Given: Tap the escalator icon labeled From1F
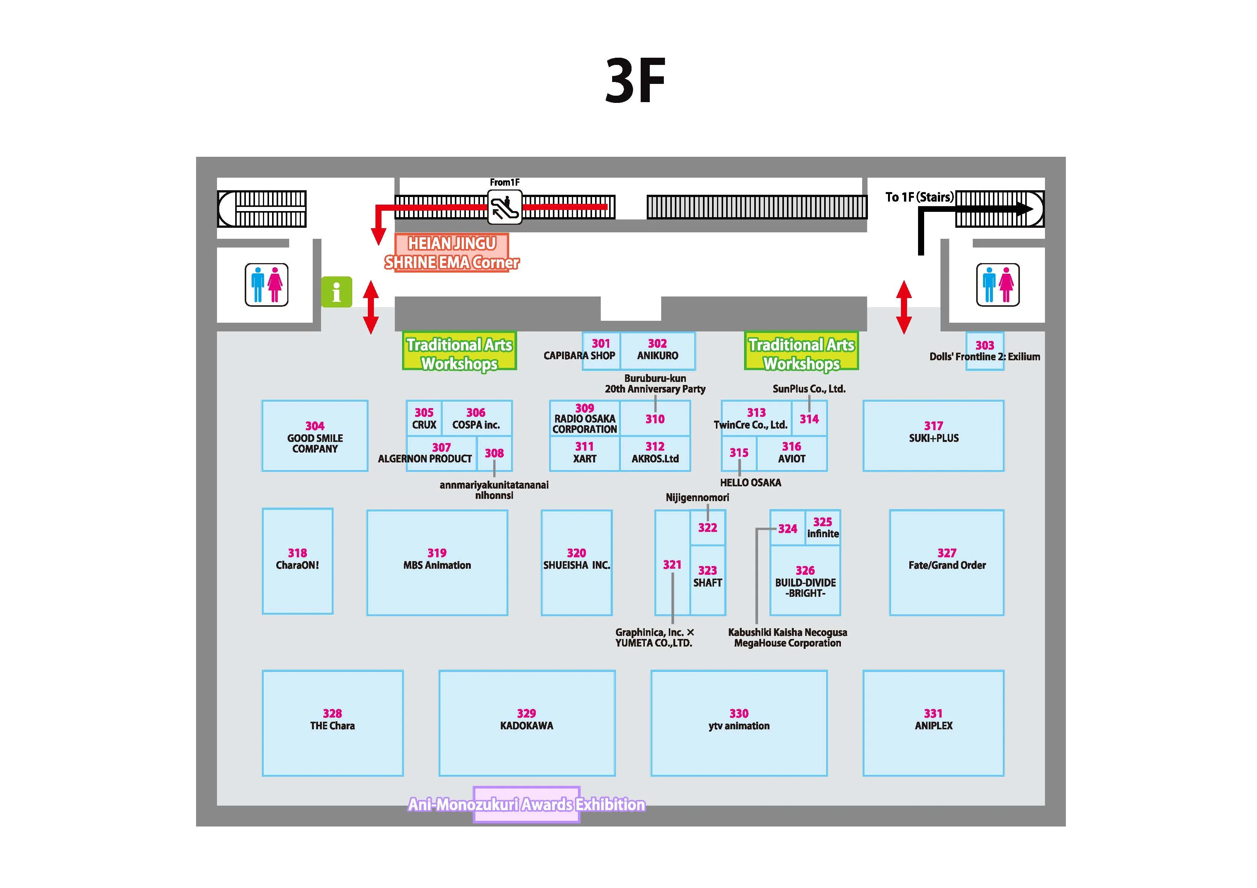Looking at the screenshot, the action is (x=504, y=207).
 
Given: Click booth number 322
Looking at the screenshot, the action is (x=707, y=527).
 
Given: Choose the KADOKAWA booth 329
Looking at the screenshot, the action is (x=527, y=723).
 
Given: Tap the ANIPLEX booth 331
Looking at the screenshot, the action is (x=934, y=723).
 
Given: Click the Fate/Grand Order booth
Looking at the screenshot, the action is (x=947, y=563).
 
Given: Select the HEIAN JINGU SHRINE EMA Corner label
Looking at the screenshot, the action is (x=452, y=253).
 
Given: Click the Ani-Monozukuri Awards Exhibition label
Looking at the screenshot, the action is (x=527, y=804).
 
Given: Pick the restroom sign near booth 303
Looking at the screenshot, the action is (x=997, y=284).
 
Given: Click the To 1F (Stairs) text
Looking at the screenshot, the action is (x=919, y=197).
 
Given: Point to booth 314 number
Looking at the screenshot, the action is (x=809, y=419).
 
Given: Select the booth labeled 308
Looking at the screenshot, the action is (x=494, y=453).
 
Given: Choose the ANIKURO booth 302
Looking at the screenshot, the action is (x=657, y=351).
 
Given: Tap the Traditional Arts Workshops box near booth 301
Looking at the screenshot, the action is (x=459, y=351).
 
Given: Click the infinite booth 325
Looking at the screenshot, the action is (x=823, y=527).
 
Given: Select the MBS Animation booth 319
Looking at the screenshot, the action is (x=437, y=563).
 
